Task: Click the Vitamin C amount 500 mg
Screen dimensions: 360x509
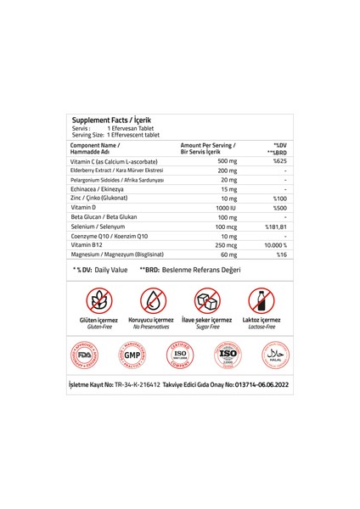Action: point(228,160)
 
